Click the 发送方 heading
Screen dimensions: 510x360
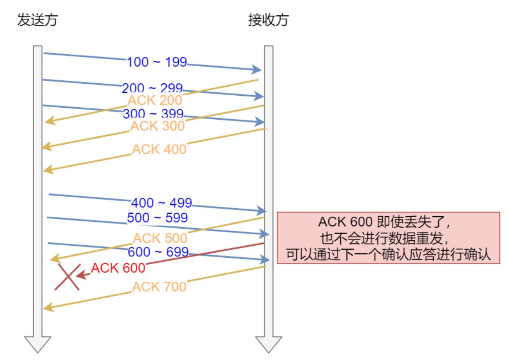(38, 20)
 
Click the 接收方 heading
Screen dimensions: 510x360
(268, 20)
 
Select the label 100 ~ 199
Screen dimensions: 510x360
(157, 62)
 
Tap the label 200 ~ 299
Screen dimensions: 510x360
(152, 88)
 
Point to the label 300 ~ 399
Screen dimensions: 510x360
(153, 113)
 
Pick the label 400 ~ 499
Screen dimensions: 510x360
(161, 203)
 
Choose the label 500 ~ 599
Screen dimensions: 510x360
(157, 217)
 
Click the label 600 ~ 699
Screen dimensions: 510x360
(158, 252)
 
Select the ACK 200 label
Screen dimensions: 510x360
(155, 100)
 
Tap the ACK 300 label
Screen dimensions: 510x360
(157, 126)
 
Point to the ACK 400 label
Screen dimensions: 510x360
(159, 149)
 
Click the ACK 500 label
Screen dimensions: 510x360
(160, 238)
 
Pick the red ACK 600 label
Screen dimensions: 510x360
(118, 268)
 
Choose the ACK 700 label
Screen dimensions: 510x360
(159, 287)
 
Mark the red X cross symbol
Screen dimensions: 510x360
(68, 277)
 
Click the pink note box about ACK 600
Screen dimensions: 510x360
(388, 238)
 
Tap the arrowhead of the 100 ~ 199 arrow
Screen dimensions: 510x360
(256, 69)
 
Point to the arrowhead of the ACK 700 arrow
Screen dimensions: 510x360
(48, 307)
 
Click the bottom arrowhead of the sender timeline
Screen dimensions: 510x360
(38, 344)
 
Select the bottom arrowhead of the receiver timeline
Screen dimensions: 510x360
(269, 344)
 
